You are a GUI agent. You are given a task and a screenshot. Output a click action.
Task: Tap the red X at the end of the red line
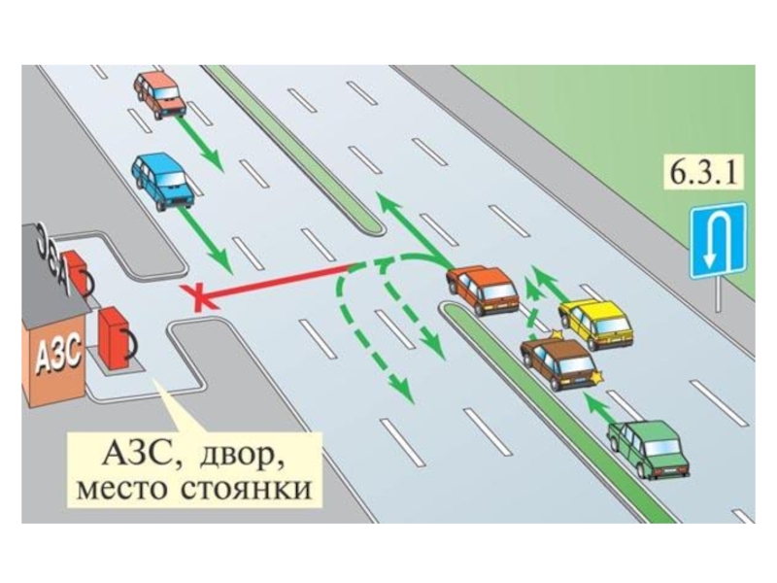pos(199,296)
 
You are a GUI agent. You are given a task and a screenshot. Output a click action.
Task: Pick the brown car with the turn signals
pos(557,364)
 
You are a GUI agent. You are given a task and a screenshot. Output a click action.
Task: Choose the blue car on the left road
pos(162,179)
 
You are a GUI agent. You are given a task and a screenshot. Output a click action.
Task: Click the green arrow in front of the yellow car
pos(540,287)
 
